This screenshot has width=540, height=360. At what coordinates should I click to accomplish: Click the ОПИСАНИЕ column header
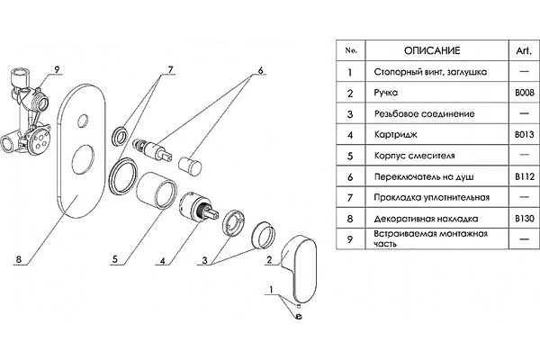(x=432, y=50)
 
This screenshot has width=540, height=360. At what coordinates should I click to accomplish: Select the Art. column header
(x=524, y=50)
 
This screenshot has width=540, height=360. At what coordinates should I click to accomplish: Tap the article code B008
(x=525, y=93)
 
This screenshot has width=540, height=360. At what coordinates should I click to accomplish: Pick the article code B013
(x=525, y=135)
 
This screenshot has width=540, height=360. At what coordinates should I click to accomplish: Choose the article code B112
(x=525, y=176)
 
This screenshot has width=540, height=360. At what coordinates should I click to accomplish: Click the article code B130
(x=525, y=219)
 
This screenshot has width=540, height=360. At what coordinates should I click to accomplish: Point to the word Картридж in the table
(x=395, y=135)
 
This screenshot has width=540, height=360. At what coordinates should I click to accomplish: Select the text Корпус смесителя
(x=414, y=156)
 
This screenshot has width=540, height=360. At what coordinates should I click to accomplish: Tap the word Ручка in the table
(x=386, y=93)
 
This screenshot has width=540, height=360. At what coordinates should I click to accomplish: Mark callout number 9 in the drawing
(x=58, y=69)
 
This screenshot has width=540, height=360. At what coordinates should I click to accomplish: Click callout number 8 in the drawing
(x=19, y=259)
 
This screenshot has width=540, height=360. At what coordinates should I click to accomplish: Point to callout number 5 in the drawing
(x=115, y=259)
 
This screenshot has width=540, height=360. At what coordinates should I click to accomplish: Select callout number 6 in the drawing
(x=260, y=70)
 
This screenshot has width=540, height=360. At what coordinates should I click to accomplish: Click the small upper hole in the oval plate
(x=83, y=121)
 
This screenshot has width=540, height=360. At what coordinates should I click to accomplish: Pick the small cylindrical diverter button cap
(x=190, y=166)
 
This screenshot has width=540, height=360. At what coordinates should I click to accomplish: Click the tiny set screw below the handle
(x=299, y=305)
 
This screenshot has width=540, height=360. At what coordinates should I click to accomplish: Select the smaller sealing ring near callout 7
(x=121, y=136)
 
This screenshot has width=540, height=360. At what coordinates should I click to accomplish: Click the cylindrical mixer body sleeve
(x=157, y=190)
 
